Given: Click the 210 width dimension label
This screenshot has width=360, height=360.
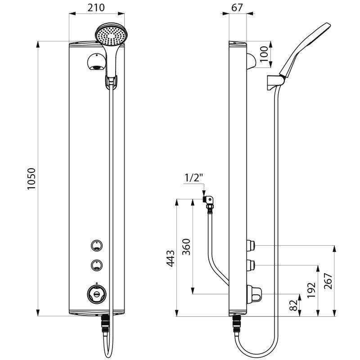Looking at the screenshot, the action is (x=96, y=8).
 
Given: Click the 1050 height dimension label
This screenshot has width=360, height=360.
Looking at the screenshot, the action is (x=31, y=179).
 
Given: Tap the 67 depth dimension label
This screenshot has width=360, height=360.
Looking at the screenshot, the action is (x=237, y=8).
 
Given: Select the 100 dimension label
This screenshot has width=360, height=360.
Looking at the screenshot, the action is (x=264, y=54).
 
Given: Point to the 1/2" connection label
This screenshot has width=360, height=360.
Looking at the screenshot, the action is (x=194, y=178).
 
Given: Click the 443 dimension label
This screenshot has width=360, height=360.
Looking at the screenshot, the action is (x=171, y=258).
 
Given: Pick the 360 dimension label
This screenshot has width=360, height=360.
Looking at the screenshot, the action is (x=186, y=247).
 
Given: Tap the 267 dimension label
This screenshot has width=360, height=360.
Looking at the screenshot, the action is (x=328, y=281).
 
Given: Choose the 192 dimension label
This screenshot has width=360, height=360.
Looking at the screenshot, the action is (x=311, y=290).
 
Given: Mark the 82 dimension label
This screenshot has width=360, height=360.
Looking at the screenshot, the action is (x=293, y=306).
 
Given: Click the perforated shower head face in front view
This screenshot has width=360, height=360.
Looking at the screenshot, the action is (x=111, y=36).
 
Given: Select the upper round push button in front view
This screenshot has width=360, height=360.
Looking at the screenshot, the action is (x=96, y=246).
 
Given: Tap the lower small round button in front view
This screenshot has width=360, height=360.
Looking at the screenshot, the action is (x=96, y=265).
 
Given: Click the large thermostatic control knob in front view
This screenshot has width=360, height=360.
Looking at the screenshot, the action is (x=97, y=293).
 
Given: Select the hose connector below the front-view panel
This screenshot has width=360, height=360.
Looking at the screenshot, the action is (x=105, y=324).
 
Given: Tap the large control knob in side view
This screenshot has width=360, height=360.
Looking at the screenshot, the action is (x=254, y=294).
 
